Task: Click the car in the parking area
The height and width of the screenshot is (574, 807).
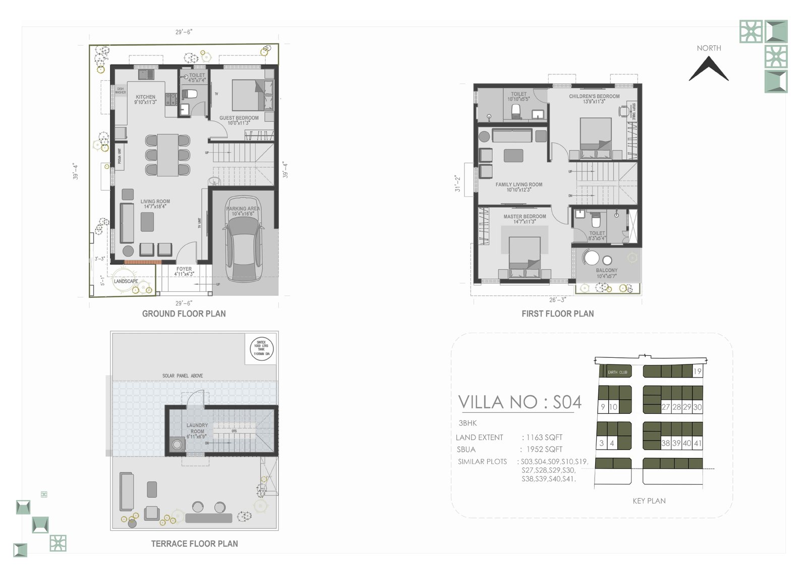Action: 244,250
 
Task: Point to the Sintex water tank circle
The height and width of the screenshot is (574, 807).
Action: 262,348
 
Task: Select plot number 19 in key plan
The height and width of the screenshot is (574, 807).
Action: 697,371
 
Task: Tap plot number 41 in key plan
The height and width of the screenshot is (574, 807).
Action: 698,443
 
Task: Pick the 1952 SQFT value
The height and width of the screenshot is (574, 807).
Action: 544,450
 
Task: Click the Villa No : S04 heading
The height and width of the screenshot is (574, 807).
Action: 520,402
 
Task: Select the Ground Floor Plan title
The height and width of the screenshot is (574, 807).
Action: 184,313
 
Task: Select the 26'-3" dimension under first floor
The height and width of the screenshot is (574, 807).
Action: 557,300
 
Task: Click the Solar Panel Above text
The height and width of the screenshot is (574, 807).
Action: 183,376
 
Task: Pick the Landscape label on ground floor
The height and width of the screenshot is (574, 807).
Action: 126,281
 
